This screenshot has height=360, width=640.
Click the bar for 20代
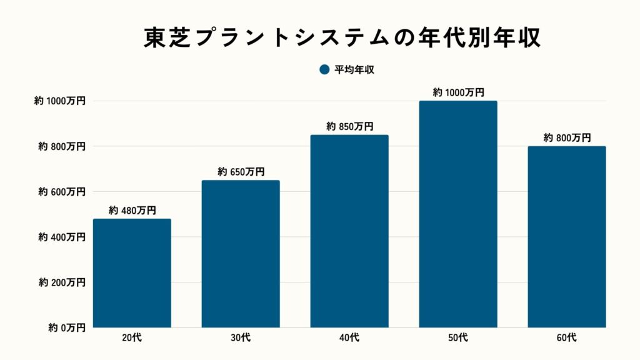(x=132, y=273)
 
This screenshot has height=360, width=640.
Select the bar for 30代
(x=241, y=254)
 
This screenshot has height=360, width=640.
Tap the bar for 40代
(x=349, y=231)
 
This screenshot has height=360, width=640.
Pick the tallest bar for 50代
(x=458, y=214)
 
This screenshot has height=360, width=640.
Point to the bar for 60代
(x=567, y=237)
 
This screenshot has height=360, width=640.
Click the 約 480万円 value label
(x=132, y=211)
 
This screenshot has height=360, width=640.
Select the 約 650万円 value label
(x=241, y=172)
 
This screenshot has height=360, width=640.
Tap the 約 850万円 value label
(x=349, y=127)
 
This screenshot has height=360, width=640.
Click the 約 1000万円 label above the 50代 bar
(x=458, y=92)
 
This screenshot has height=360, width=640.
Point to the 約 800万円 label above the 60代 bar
(x=567, y=138)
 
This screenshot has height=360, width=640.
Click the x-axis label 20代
(x=132, y=338)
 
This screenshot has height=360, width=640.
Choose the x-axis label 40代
(x=349, y=338)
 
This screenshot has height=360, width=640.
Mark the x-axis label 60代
(x=567, y=338)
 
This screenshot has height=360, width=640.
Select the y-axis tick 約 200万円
(x=60, y=282)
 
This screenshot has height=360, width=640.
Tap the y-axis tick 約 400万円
(x=60, y=237)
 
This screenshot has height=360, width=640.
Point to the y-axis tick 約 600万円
(x=60, y=192)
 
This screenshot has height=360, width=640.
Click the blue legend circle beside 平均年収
(x=324, y=70)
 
